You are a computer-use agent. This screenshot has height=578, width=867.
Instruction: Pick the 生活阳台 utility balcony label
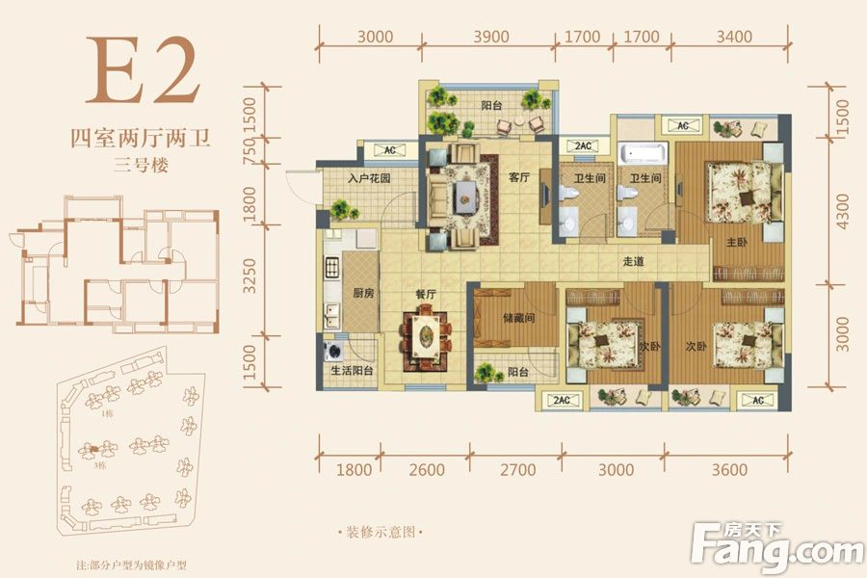tap(349, 371)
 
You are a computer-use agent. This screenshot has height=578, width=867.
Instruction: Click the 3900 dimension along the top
tap(492, 38)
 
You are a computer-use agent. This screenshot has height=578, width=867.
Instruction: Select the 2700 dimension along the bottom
tap(518, 470)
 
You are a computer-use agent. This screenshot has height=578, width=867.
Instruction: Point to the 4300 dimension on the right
tap(843, 210)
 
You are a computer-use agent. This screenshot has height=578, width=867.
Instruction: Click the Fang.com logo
tap(777, 546)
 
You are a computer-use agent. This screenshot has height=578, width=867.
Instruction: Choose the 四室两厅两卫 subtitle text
tap(142, 138)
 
